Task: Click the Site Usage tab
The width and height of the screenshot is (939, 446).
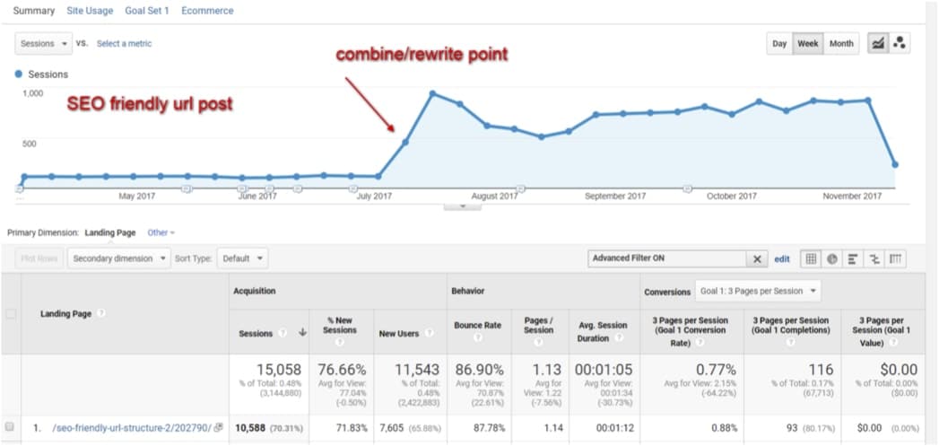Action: point(90,11)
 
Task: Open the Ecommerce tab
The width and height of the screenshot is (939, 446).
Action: point(207,11)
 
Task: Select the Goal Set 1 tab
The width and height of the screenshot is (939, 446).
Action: point(147,11)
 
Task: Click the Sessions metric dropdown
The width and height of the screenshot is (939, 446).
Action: point(43,43)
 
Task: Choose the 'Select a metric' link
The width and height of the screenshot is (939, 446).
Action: point(124,43)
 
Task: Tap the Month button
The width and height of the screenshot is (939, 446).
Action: point(840,44)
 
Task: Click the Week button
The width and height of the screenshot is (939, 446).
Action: point(807,44)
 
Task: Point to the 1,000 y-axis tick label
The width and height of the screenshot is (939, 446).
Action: point(31,92)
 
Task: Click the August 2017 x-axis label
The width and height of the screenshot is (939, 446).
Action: point(494,196)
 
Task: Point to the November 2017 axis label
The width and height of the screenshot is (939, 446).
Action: point(851,196)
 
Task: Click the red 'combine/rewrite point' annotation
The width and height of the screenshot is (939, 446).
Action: point(422,55)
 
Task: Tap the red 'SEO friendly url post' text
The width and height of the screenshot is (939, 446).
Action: point(150,104)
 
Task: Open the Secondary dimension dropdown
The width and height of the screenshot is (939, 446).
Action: point(118,258)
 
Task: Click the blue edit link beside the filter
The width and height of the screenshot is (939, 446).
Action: point(782,258)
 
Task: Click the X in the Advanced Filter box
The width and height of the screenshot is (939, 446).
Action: point(758,258)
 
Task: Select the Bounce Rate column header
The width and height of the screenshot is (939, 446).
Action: point(478,325)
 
